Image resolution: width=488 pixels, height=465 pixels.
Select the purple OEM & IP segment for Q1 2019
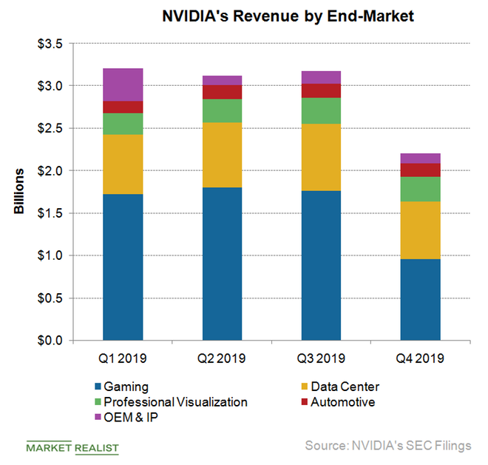[x=123, y=84]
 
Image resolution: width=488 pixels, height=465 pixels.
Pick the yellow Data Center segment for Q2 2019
[x=222, y=155]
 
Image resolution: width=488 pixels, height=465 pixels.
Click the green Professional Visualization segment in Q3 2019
[x=321, y=110]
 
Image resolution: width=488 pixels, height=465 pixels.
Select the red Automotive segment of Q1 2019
[x=123, y=107]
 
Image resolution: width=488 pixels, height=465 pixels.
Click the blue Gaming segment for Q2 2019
[x=222, y=264]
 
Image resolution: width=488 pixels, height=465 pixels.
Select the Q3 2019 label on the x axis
[x=321, y=359]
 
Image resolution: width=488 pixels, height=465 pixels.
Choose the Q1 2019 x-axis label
[x=123, y=359]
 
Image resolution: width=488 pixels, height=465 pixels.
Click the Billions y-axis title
[x=19, y=191]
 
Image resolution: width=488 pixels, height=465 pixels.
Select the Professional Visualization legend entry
[x=174, y=402]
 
